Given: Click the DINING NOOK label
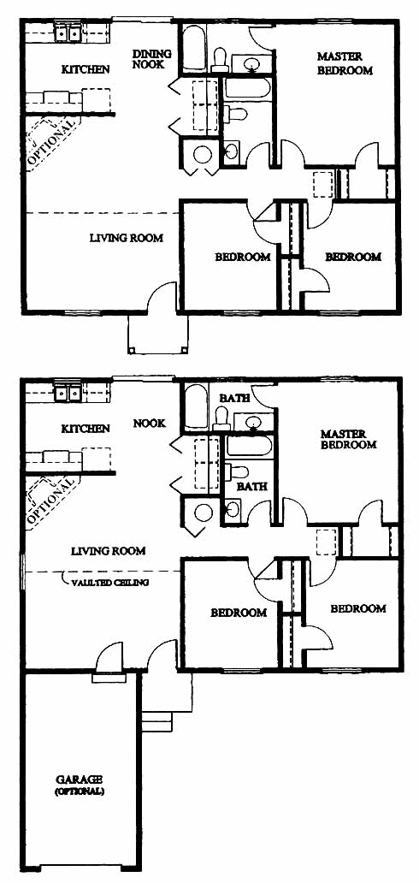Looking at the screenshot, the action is tap(152, 59).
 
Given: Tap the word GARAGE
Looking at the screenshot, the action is tap(79, 779).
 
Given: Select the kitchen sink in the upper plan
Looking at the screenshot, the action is tap(68, 33).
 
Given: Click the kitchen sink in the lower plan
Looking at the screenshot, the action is tap(68, 393).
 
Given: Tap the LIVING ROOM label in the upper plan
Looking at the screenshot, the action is tap(127, 238).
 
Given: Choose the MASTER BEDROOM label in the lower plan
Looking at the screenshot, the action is tap(348, 439).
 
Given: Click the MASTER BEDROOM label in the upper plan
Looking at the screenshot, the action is tap(345, 63).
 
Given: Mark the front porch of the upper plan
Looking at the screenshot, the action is tap(157, 334).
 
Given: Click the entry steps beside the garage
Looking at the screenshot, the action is tap(156, 720).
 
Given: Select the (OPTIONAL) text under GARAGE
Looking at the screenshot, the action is tap(79, 791).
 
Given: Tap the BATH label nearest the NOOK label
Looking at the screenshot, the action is tap(234, 398).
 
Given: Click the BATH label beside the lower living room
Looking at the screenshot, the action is tap(251, 485).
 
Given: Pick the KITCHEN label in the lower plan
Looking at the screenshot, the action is tap(86, 430).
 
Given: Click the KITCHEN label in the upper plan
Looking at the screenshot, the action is tap(85, 70).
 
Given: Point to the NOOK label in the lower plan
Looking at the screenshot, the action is tap(150, 423).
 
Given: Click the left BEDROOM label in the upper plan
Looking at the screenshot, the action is tap(243, 258).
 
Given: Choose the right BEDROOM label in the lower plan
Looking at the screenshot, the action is tap(358, 608).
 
